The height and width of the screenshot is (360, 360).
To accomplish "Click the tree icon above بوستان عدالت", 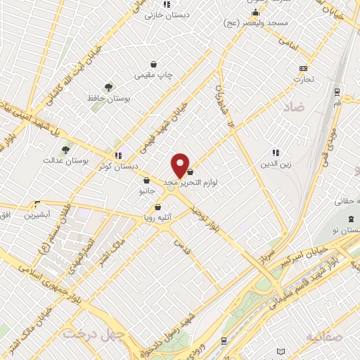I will click(x=66, y=149).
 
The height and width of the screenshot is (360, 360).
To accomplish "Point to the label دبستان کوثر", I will click(x=117, y=167).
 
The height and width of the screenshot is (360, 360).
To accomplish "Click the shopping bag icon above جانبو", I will click(x=146, y=181).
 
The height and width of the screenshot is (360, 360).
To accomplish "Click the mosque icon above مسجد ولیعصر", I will click(x=255, y=13).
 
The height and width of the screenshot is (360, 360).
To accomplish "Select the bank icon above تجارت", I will click(x=303, y=68).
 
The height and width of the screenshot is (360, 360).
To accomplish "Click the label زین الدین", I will click(x=276, y=164).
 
